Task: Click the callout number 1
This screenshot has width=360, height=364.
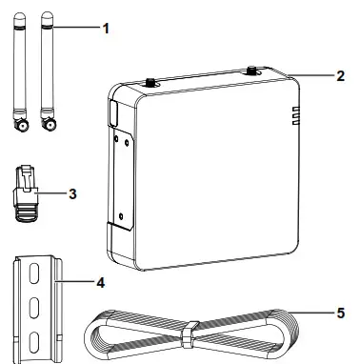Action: click(106, 29)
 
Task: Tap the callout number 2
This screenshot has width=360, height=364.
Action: click(340, 75)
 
